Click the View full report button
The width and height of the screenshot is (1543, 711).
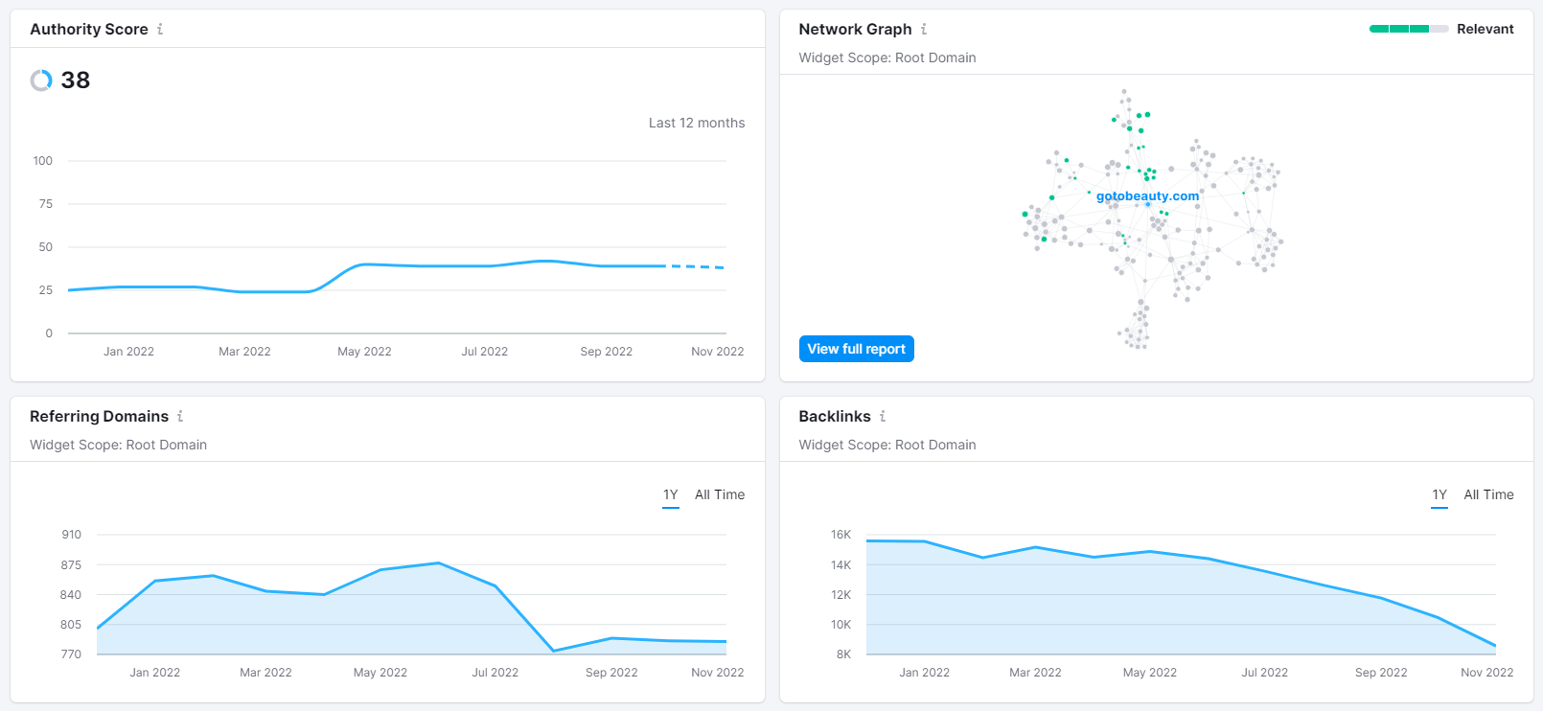pos(856,349)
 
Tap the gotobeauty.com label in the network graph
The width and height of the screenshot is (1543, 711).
pos(1147,196)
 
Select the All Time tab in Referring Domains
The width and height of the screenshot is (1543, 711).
pos(719,494)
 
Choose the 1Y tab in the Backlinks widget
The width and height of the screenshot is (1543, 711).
pos(1439,494)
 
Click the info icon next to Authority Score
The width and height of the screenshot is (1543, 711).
pos(160,29)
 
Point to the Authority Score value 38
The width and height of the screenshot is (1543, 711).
pos(75,80)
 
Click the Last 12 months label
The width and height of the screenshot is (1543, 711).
pos(697,123)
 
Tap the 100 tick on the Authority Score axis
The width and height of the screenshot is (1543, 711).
pos(43,161)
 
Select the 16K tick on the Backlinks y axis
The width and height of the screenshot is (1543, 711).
pos(841,535)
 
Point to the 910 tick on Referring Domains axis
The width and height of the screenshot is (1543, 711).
pos(72,535)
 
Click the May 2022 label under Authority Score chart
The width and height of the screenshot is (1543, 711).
pos(364,352)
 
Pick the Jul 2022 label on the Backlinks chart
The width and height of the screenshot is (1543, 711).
pos(1265,673)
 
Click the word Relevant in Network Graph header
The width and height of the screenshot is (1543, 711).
pos(1485,29)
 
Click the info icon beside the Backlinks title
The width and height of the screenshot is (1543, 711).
pos(883,416)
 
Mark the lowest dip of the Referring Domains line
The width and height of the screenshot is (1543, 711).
pos(553,651)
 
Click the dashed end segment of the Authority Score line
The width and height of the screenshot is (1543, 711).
pos(696,266)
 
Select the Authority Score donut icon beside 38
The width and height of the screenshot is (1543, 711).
pos(41,80)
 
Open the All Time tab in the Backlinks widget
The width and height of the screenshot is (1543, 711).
pos(1488,494)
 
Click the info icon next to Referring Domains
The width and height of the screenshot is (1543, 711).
pos(180,416)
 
